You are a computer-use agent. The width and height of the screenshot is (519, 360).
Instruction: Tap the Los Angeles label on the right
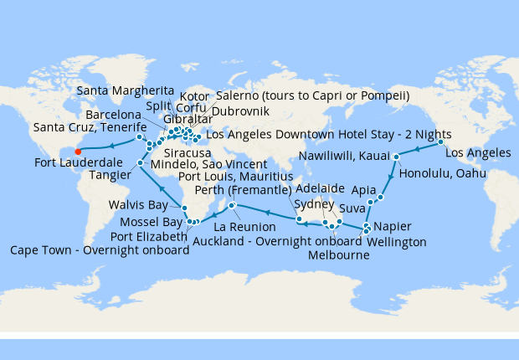[x=477, y=153]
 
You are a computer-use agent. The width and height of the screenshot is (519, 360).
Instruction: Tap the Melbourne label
[x=339, y=255]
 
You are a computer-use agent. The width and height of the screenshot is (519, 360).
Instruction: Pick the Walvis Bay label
[x=136, y=204]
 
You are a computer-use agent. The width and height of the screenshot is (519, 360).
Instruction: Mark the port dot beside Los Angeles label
[x=441, y=143]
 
